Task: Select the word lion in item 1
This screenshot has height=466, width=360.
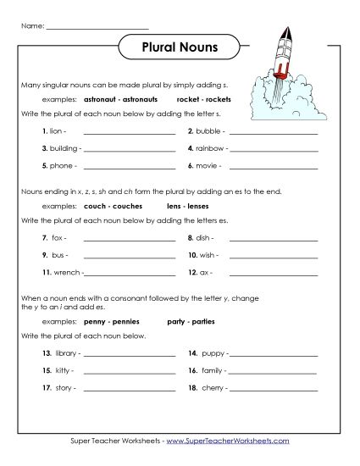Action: pyautogui.click(x=58, y=132)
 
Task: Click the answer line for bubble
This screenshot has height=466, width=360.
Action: pyautogui.click(x=274, y=134)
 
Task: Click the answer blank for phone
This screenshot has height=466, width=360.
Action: pyautogui.click(x=130, y=167)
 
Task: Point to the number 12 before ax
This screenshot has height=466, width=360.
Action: pyautogui.click(x=192, y=272)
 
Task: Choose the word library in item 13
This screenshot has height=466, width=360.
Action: pyautogui.click(x=65, y=352)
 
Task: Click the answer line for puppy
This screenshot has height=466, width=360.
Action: pyautogui.click(x=274, y=354)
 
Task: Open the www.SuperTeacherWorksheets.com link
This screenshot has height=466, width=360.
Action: pyautogui.click(x=228, y=441)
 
